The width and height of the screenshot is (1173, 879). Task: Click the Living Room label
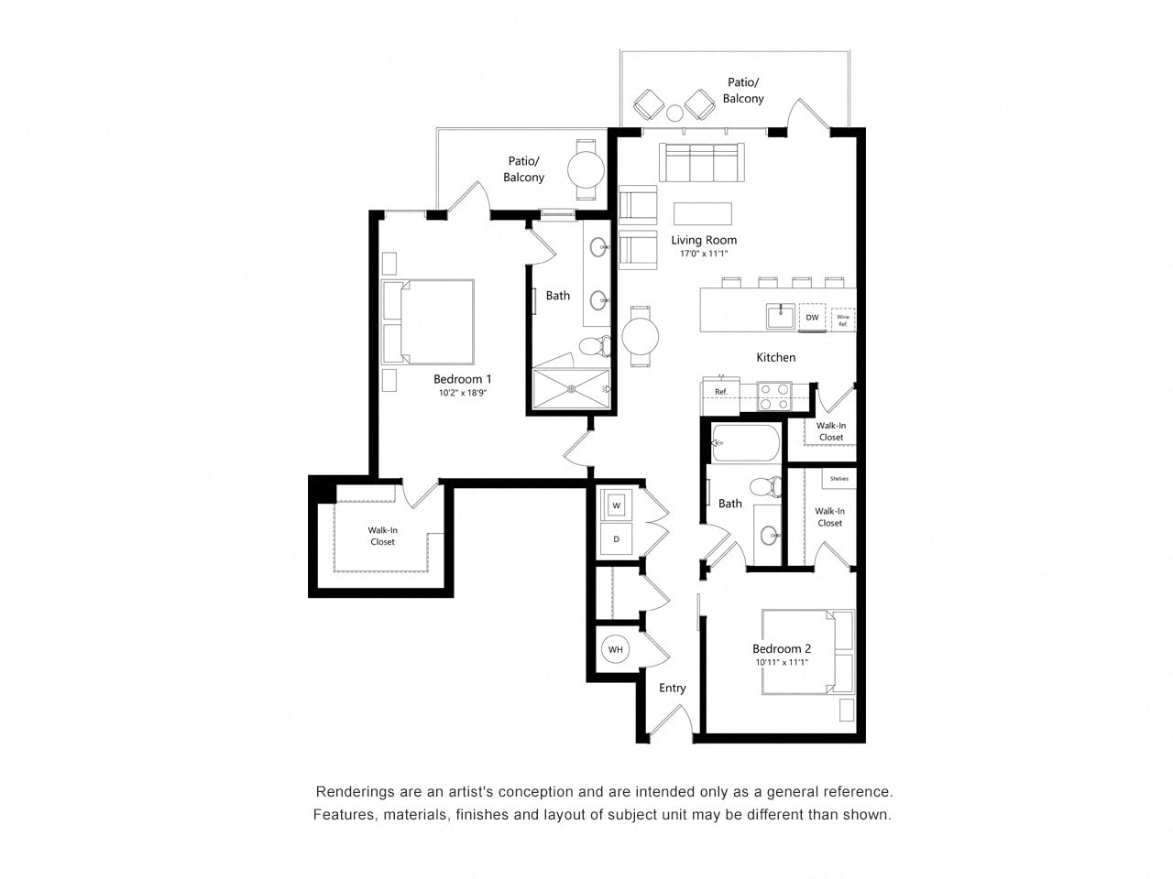[x=703, y=240]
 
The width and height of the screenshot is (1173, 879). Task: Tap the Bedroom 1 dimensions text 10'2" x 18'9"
[x=462, y=393]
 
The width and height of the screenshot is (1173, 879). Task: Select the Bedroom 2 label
[x=781, y=648]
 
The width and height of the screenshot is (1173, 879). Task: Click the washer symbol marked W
[x=617, y=505]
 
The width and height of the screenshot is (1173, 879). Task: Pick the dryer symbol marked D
[x=617, y=539]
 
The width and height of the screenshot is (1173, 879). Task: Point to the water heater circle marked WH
[x=615, y=649]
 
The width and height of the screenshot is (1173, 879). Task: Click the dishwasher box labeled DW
[x=812, y=317]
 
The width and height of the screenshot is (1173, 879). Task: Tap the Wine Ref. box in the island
[x=842, y=320]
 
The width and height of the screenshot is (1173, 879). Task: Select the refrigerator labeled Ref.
[x=720, y=391]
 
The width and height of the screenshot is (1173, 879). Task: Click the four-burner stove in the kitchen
[x=774, y=396]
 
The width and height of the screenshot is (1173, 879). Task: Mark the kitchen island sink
[x=781, y=317]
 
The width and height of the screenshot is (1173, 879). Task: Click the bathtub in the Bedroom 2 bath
[x=746, y=444]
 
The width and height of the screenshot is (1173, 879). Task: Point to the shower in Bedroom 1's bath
[x=571, y=389]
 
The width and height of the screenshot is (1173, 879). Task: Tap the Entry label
[x=672, y=688]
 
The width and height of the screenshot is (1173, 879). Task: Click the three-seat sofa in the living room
[x=702, y=162]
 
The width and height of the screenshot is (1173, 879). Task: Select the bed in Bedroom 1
[x=429, y=321]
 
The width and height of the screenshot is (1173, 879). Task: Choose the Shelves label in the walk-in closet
[x=839, y=479]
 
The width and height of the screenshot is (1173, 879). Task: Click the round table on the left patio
[x=586, y=168]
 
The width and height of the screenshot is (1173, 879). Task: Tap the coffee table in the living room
[x=702, y=213]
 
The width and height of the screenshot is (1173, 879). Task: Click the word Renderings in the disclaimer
[x=354, y=791]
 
